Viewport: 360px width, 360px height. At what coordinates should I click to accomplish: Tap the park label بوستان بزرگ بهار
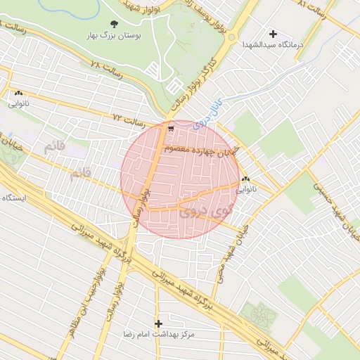pyautogui.click(x=115, y=34)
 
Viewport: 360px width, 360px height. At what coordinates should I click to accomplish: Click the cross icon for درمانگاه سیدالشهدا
pyautogui.click(x=274, y=33)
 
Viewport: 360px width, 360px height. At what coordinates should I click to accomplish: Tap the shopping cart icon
pyautogui.click(x=171, y=128)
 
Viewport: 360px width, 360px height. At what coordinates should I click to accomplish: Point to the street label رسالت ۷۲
pyautogui.click(x=129, y=120)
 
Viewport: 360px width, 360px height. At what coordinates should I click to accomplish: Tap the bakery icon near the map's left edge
pyautogui.click(x=18, y=93)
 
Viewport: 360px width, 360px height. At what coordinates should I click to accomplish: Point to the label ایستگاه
pyautogui.click(x=14, y=198)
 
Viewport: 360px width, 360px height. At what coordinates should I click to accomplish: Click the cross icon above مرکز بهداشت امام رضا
pyautogui.click(x=158, y=323)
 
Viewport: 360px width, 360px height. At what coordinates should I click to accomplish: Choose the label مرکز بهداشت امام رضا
pyautogui.click(x=157, y=335)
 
